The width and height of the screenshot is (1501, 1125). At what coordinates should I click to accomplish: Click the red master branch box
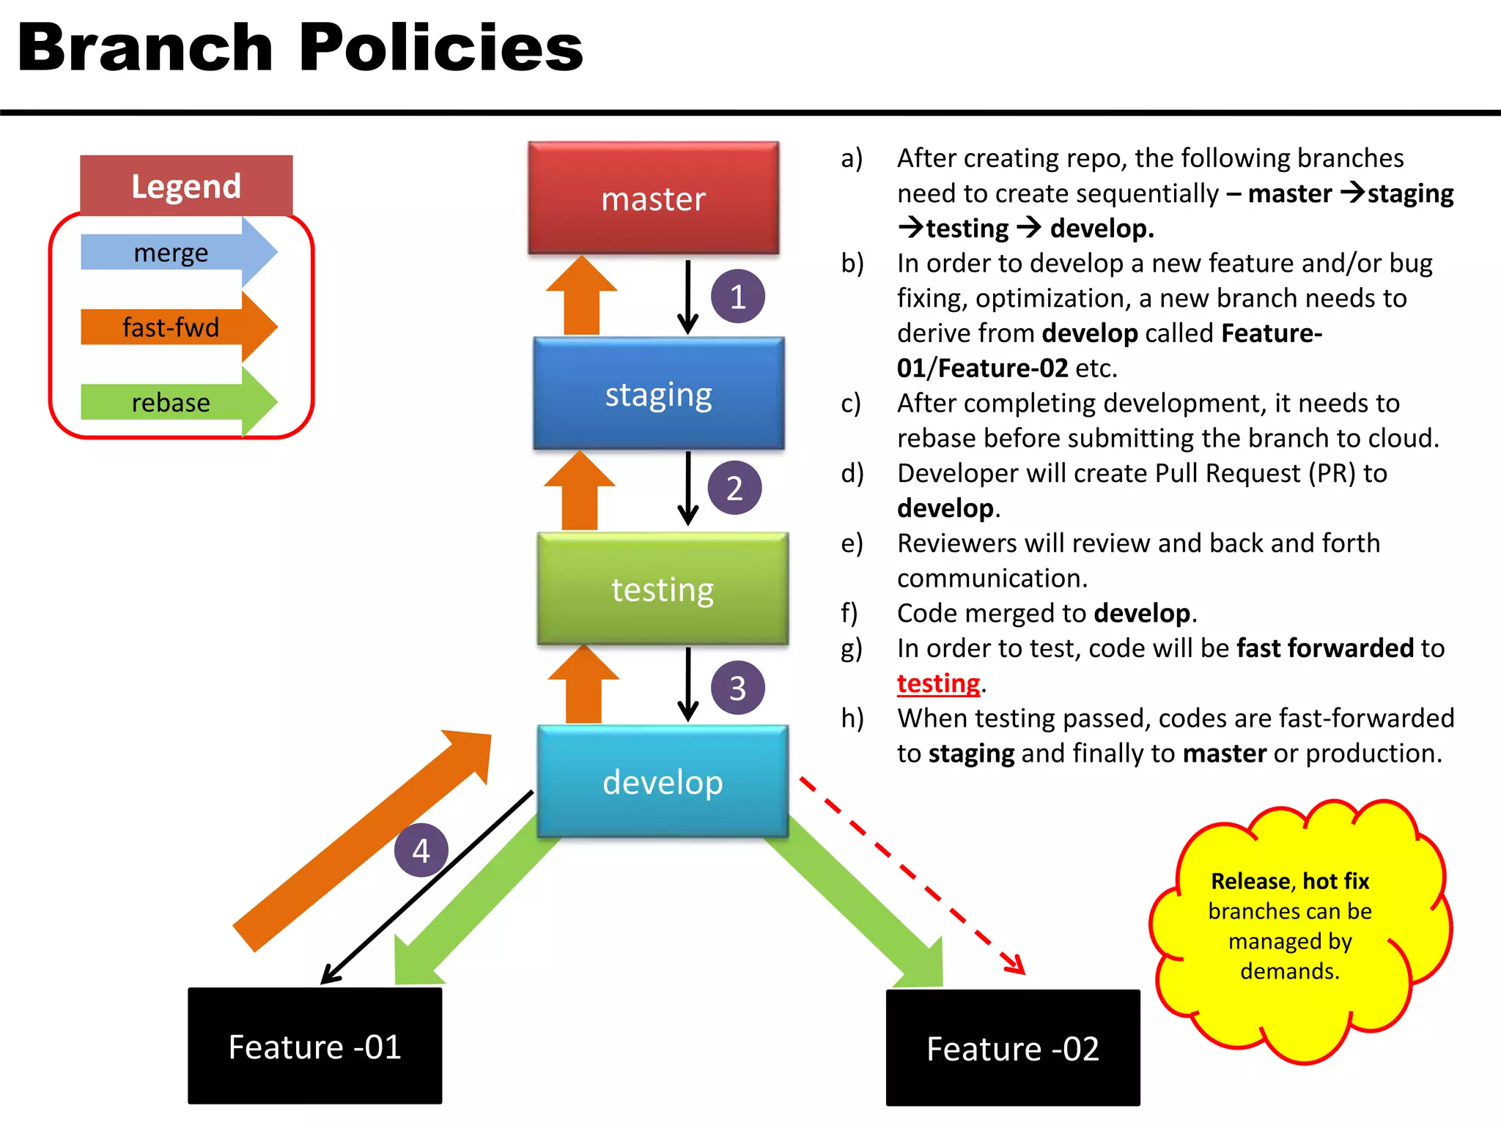click(x=653, y=198)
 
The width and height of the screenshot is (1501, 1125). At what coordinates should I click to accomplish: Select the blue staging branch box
click(x=658, y=394)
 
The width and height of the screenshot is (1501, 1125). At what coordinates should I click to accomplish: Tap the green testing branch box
click(x=663, y=589)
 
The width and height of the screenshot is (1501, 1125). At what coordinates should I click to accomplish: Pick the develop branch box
click(x=663, y=781)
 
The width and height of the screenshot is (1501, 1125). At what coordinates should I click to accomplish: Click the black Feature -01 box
click(x=315, y=1046)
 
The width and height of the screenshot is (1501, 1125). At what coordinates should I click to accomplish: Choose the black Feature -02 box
click(x=1013, y=1048)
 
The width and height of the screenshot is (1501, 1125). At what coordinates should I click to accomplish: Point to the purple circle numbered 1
click(x=737, y=297)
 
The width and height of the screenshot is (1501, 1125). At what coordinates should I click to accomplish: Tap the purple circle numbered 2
click(x=734, y=488)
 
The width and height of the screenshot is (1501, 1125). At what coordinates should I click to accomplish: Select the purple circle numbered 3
click(x=737, y=688)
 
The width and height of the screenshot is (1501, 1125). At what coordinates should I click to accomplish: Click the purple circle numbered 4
click(x=421, y=850)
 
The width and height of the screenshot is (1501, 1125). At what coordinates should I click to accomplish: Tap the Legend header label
click(x=186, y=186)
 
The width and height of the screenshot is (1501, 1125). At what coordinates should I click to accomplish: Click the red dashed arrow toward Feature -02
click(x=912, y=875)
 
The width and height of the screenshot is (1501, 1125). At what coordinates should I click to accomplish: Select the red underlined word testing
click(x=938, y=683)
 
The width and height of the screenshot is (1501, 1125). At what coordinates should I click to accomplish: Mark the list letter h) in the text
click(x=852, y=719)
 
